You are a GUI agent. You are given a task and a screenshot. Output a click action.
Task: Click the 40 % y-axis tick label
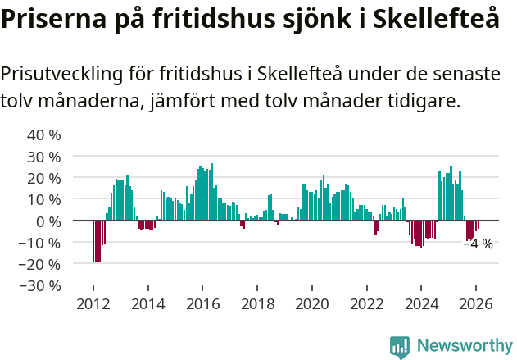44,134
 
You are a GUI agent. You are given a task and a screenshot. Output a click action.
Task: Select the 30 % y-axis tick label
44,156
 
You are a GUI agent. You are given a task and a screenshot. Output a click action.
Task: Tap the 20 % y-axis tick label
44,178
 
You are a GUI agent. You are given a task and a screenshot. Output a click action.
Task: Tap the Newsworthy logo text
464,345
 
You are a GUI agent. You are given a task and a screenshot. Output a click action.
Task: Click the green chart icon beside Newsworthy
400,346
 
